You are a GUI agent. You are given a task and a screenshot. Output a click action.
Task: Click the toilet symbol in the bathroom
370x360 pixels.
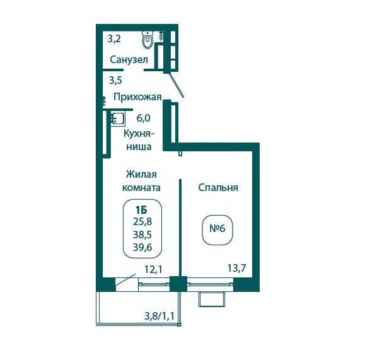click(147, 40)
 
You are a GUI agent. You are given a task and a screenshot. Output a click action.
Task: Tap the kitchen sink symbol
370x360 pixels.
click(117, 119)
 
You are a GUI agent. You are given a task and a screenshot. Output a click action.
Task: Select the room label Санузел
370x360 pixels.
click(129, 59)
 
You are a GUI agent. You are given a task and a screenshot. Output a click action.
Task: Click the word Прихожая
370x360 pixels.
click(137, 97)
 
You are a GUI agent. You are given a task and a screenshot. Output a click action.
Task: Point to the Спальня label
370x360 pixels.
click(218, 188)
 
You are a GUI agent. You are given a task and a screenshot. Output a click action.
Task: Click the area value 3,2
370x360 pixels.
click(114, 38)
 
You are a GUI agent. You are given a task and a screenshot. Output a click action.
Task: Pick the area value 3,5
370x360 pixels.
click(115, 80)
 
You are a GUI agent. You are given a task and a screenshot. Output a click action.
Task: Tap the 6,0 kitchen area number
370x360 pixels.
click(143, 118)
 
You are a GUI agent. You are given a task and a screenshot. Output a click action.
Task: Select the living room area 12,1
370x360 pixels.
click(153, 269)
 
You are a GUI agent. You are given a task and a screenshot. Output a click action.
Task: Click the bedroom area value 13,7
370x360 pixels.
click(236, 268)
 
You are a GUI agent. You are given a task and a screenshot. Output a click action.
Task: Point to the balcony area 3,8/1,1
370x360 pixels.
click(159, 316)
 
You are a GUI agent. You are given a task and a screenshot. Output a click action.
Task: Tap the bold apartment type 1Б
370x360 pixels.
click(141, 209)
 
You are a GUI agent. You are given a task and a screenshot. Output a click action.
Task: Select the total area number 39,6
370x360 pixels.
click(142, 247)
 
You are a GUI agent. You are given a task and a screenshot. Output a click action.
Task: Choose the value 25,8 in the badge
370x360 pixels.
click(142, 222)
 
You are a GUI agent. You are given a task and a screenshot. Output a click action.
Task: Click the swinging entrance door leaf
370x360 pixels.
click(176, 85)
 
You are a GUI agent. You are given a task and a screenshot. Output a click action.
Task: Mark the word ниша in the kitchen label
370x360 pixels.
click(139, 147)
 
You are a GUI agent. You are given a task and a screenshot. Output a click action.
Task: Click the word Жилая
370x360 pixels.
click(141, 175)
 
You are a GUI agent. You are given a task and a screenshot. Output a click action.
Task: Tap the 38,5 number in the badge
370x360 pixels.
click(142, 235)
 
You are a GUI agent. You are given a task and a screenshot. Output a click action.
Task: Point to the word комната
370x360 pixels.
click(141, 188)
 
